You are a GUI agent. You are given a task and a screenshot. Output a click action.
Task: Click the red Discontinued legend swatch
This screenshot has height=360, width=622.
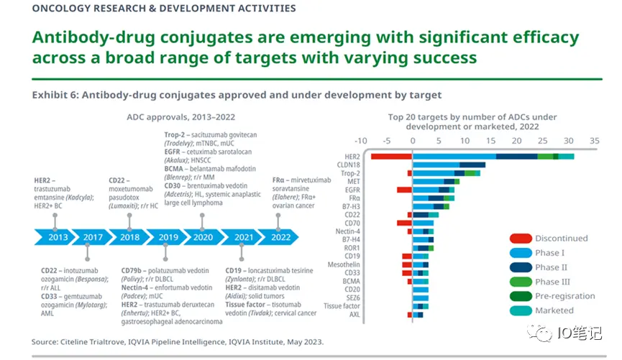tap(521, 239)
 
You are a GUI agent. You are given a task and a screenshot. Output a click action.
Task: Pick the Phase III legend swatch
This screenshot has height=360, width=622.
tap(521, 282)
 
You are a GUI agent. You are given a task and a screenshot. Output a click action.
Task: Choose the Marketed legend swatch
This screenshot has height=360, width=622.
tap(521, 310)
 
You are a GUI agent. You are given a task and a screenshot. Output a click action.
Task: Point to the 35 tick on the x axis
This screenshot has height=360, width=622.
tap(595, 142)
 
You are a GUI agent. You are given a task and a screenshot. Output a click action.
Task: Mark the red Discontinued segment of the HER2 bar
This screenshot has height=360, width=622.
tap(391, 156)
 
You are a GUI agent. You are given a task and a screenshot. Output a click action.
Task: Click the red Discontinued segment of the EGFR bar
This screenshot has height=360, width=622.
tap(404, 190)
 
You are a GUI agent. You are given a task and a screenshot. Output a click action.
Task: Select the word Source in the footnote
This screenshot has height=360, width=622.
tap(47, 342)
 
